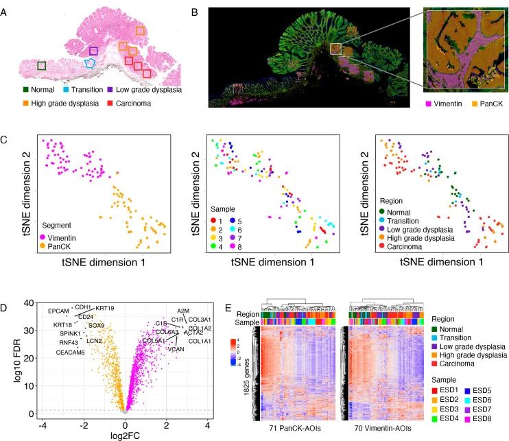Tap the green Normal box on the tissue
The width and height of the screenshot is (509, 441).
(41, 65)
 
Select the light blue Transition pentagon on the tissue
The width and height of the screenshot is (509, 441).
(89, 63)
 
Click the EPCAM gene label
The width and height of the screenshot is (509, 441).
(58, 311)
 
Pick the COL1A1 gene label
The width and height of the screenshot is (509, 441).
(199, 341)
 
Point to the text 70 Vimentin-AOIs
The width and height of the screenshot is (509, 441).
(381, 429)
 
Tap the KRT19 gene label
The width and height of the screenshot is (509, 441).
(105, 308)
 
